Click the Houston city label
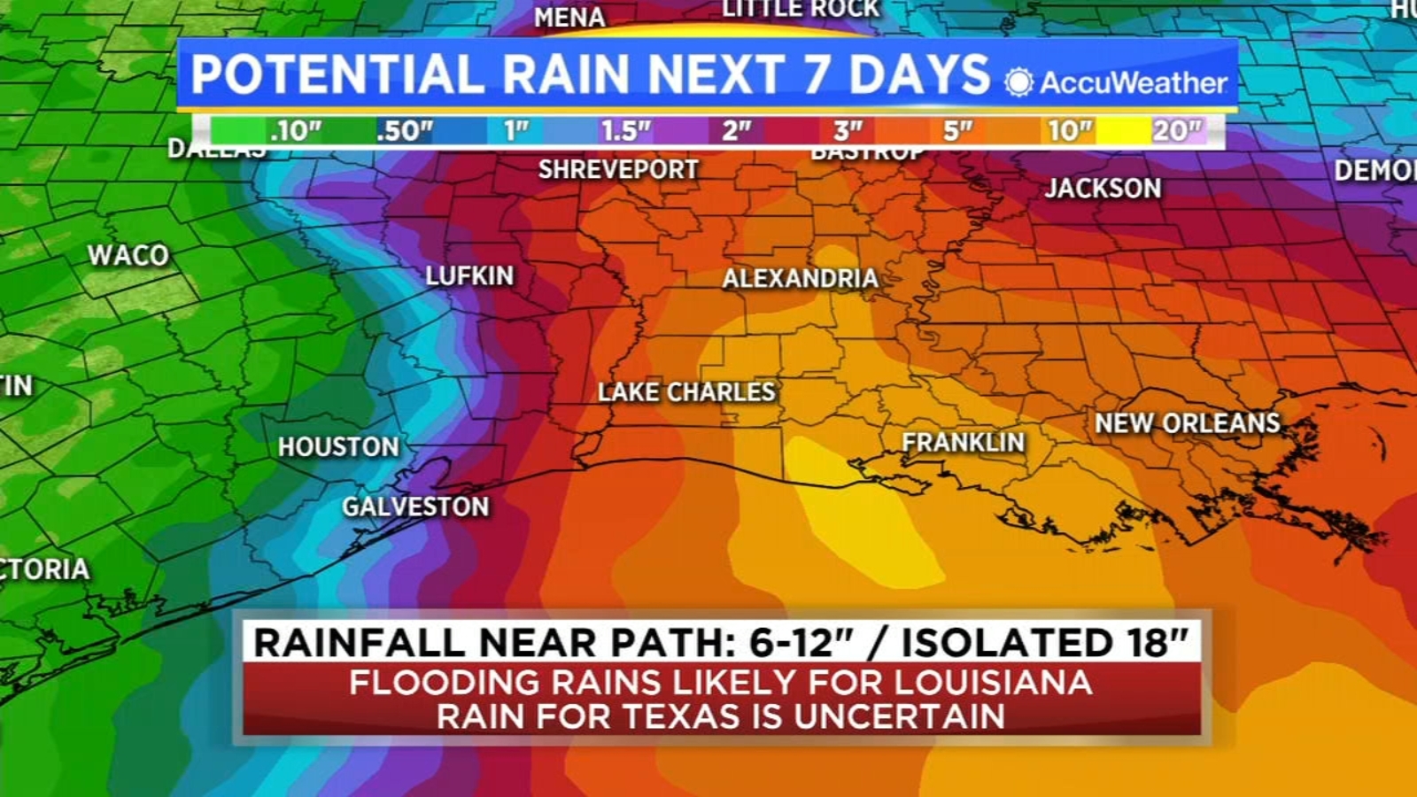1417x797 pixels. pyautogui.click(x=338, y=447)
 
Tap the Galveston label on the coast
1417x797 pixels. pyautogui.click(x=415, y=507)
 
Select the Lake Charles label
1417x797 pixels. pyautogui.click(x=686, y=391)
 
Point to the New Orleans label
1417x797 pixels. pyautogui.click(x=1188, y=423)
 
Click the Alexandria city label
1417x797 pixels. pyautogui.click(x=800, y=279)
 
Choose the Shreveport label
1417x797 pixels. pyautogui.click(x=618, y=169)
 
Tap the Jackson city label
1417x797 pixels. pyautogui.click(x=1103, y=188)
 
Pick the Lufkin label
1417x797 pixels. pyautogui.click(x=469, y=275)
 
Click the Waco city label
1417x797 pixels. pyautogui.click(x=128, y=255)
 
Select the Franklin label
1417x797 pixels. pyautogui.click(x=963, y=442)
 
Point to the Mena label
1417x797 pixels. pyautogui.click(x=569, y=17)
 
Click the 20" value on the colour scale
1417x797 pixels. pyautogui.click(x=1176, y=131)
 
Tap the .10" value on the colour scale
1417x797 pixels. pyautogui.click(x=295, y=131)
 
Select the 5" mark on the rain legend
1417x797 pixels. pyautogui.click(x=957, y=131)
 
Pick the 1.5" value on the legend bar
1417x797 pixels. pyautogui.click(x=625, y=131)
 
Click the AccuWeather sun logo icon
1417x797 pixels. pyautogui.click(x=1018, y=82)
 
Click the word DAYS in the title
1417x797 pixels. pyautogui.click(x=918, y=74)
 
